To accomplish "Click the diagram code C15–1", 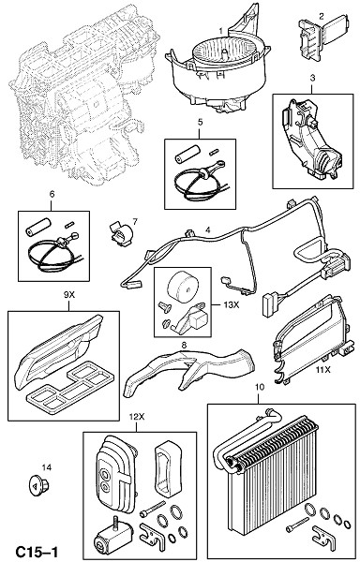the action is pos(37,552).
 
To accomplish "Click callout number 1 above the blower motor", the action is pos(221,31).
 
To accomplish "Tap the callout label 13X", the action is pos(231,304).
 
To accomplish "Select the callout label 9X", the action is pos(68,295).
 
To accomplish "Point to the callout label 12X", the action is pos(137,417).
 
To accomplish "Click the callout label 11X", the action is pos(322,370).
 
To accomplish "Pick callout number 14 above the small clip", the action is pos(47,467).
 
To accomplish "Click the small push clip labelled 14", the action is pos(38,485).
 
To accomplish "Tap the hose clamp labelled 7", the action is pos(121,233).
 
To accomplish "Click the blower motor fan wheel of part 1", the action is pos(224,53).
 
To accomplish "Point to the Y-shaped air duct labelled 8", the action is pos(188,372).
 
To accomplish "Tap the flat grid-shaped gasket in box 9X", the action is pos(70,389).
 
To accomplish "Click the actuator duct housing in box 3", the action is pos(310,140).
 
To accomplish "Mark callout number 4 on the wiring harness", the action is pos(208,229).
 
